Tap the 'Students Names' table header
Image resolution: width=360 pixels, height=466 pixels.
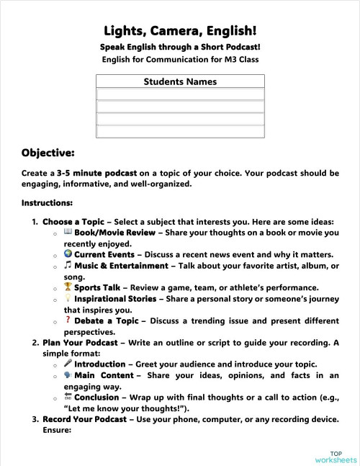180,81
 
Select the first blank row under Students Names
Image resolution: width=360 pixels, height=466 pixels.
180,94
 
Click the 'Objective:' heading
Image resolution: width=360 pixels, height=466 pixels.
48,152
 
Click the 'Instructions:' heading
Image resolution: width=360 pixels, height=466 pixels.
47,202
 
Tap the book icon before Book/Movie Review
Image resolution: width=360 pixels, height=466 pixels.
67,233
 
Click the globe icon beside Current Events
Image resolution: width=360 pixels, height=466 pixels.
67,254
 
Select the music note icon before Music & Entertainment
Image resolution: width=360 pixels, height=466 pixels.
67,265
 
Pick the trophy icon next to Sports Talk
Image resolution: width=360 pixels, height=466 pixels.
67,287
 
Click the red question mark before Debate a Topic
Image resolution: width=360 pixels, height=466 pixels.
67,320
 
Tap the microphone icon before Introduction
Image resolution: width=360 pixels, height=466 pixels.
67,364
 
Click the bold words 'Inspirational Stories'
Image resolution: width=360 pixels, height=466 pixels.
115,299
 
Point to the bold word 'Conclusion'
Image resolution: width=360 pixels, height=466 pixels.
98,397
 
